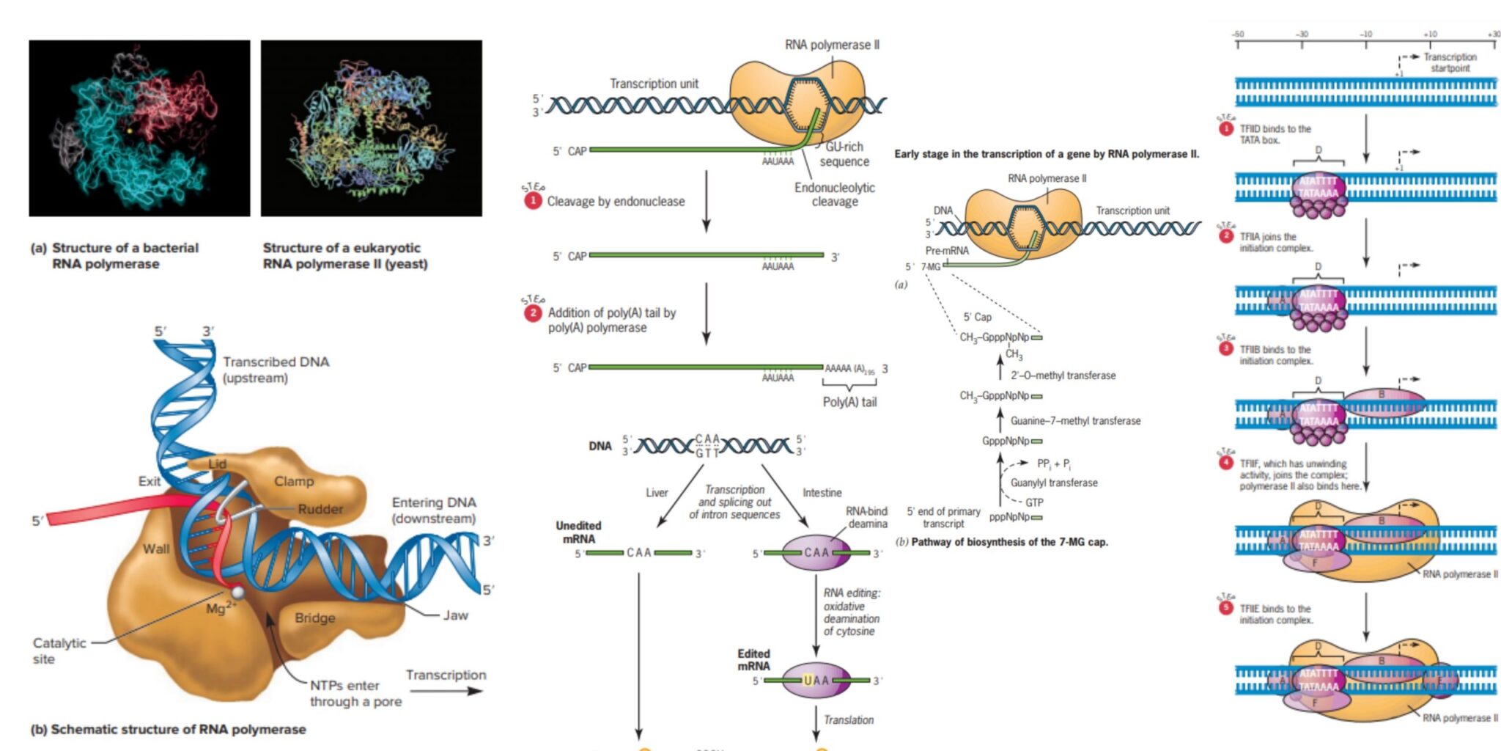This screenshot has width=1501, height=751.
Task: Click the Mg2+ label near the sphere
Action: tap(221, 607)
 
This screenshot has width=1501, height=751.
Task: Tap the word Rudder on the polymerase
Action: tap(320, 509)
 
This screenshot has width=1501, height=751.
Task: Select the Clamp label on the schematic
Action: tap(294, 481)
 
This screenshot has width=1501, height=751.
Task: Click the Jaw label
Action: tap(455, 615)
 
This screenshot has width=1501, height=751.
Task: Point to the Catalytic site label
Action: tap(59, 651)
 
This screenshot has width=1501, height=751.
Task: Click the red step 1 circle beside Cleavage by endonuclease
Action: tap(533, 200)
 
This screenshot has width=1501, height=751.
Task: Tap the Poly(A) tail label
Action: tap(849, 402)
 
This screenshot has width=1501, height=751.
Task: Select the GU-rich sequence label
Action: tap(844, 154)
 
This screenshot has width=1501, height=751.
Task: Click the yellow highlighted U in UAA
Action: tap(808, 681)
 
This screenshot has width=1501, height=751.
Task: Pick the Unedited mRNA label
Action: tap(578, 532)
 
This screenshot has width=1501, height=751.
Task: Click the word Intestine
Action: tap(822, 493)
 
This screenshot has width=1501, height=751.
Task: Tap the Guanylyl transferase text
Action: tap(1054, 483)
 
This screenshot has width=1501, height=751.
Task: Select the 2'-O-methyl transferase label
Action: tap(1063, 375)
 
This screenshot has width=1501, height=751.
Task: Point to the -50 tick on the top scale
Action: tap(1238, 34)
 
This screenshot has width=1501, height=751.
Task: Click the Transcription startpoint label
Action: tap(1450, 62)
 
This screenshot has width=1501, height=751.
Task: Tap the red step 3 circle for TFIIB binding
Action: tap(1226, 348)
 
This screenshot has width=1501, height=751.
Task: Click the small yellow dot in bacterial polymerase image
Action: tap(130, 130)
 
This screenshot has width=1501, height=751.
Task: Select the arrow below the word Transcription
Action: tap(455, 691)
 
